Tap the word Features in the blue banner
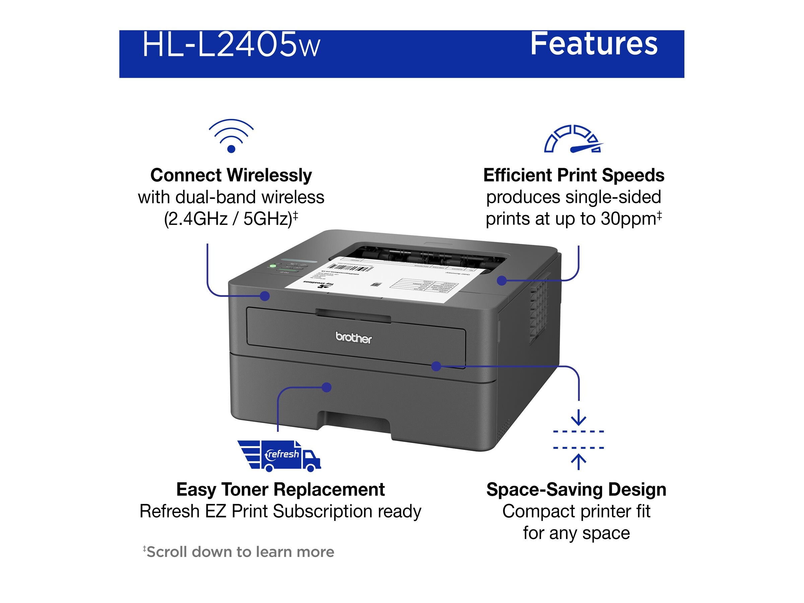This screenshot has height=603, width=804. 594,44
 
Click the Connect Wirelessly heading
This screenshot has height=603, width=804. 231,176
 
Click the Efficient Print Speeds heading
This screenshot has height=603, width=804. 574,176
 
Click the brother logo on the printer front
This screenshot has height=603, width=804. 353,338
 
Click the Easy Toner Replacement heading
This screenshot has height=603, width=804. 280,489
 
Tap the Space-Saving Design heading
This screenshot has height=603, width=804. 576,489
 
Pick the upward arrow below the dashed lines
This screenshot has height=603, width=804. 578,462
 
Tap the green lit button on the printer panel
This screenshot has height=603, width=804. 273,266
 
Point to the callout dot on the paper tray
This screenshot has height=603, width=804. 327,388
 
